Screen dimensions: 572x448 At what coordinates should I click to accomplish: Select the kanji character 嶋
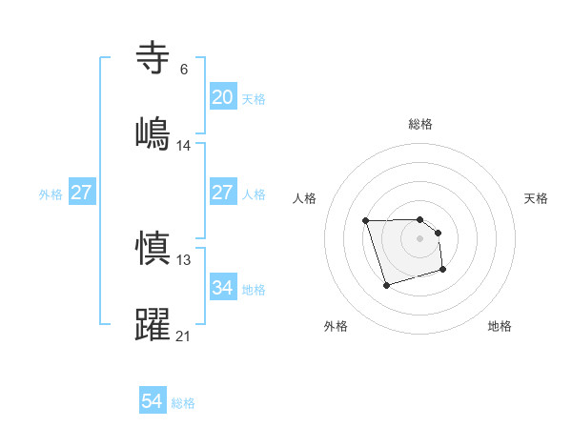[x=153, y=132]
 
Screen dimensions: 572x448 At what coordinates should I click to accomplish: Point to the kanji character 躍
[x=153, y=323]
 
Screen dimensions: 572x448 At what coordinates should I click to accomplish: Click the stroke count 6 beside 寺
[x=184, y=69]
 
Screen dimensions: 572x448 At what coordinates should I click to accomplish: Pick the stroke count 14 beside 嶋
[x=184, y=145]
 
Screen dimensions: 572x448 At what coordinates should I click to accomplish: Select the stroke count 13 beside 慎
[x=184, y=260]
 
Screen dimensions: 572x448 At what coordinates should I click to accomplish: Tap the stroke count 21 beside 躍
[x=184, y=336]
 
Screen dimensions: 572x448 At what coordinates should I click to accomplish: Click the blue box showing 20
[x=222, y=97]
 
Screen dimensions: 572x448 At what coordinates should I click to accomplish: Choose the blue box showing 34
[x=222, y=288]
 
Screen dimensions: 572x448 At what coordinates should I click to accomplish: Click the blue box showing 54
[x=153, y=402]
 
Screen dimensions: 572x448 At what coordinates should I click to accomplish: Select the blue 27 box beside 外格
[x=82, y=193]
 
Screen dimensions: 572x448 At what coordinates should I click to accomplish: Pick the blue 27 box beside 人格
[x=222, y=193]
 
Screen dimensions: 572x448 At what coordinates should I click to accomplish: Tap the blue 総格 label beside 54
[x=183, y=403]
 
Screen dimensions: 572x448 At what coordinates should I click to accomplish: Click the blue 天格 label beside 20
[x=254, y=98]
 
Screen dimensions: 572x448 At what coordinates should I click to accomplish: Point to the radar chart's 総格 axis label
[x=420, y=124]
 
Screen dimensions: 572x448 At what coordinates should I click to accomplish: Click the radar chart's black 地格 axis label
[x=500, y=327]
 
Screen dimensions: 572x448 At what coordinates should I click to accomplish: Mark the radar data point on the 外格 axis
[x=385, y=285]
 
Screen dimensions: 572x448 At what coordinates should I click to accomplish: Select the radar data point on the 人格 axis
[x=366, y=221]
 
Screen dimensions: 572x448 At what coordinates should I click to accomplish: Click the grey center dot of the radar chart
[x=419, y=238]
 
